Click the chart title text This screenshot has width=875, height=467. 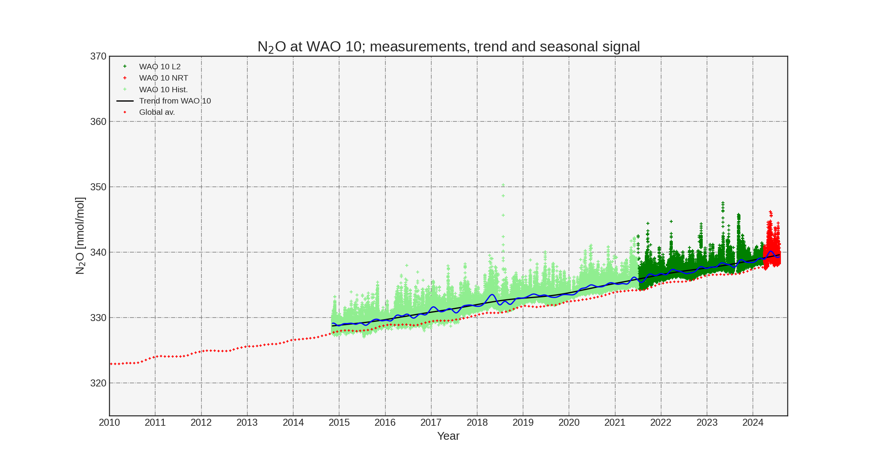448,47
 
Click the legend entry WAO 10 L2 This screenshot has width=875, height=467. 159,67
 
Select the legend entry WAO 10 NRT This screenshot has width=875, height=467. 163,78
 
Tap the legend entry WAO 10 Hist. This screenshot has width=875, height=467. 163,90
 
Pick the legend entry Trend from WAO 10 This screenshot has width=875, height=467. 175,101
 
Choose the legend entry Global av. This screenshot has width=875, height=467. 157,112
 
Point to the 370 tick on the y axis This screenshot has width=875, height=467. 98,56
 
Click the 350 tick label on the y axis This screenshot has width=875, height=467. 98,187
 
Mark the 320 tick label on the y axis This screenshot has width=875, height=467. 98,383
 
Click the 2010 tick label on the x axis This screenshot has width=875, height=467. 109,423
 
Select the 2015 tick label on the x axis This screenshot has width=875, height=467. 339,423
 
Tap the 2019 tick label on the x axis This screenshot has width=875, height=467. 523,423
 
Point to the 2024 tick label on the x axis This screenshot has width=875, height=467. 753,423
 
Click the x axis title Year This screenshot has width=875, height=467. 448,436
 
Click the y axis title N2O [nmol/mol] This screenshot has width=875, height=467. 80,236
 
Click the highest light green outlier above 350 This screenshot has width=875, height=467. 503,185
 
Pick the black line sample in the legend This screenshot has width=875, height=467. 125,101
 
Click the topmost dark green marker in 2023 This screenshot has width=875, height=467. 723,203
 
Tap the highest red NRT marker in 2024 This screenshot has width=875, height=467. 770,212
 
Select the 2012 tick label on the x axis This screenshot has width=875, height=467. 201,423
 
